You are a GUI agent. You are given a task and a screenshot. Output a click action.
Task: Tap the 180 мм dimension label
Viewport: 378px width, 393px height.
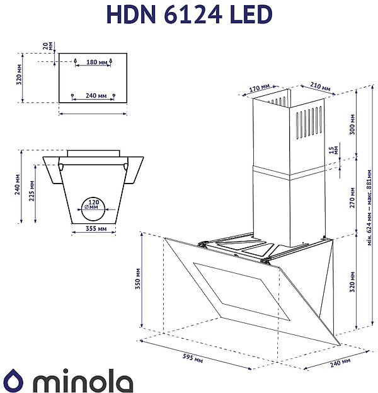point(95,62)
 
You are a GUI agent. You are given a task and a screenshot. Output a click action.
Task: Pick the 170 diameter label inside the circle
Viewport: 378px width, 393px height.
point(93,203)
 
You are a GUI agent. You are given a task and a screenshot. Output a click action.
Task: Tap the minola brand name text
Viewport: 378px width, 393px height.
point(82,380)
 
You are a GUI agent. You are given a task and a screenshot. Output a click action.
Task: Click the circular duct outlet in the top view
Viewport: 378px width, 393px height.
point(93,204)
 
